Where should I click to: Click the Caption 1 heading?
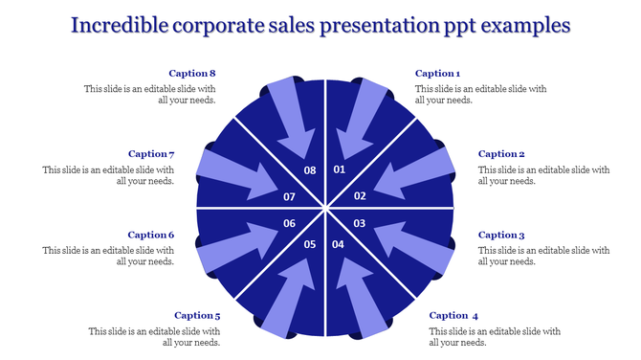coord(437,74)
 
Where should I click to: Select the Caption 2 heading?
coord(501,154)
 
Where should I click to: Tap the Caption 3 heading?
coord(501,235)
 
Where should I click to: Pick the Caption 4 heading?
coord(453,315)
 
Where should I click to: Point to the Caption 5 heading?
coord(197,315)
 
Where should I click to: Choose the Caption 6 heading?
coord(151,235)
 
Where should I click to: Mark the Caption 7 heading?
coord(151,154)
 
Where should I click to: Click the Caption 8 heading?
coord(192,74)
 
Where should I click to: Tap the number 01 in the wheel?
coord(339,169)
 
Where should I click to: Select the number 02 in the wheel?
coord(361,196)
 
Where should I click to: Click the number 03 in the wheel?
coord(361,223)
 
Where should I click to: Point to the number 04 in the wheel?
coord(338,245)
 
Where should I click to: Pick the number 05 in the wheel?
coord(310,245)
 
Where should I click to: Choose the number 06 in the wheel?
coord(290,223)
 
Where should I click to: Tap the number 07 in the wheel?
coord(290,196)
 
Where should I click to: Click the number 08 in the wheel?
coord(310,170)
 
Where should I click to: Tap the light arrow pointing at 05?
coord(288,297)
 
